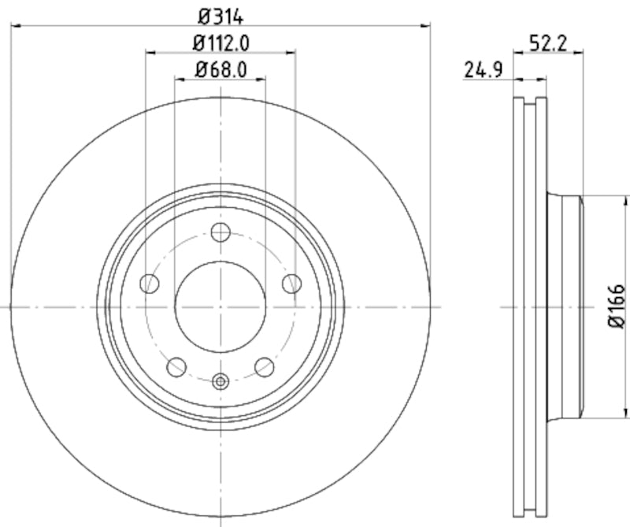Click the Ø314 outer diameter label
point(220,14)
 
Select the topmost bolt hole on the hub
point(220,232)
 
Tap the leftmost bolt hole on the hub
point(148,283)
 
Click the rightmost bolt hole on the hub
point(292,283)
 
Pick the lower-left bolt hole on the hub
point(176,366)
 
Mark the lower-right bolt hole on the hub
point(265,366)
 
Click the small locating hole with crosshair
point(220,382)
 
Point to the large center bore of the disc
point(220,306)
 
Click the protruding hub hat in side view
point(565,306)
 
